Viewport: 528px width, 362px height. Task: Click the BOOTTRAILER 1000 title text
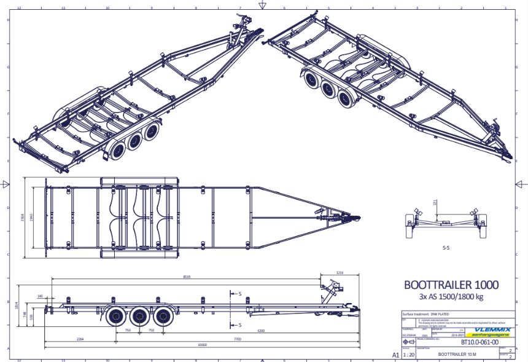pyautogui.click(x=451, y=285)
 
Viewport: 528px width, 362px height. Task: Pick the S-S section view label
pyautogui.click(x=446, y=250)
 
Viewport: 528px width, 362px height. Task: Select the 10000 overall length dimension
pyautogui.click(x=202, y=345)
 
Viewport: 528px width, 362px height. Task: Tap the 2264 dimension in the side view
pyautogui.click(x=80, y=339)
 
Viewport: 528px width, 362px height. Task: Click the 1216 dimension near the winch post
pyautogui.click(x=340, y=272)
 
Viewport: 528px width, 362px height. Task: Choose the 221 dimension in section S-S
pyautogui.click(x=435, y=202)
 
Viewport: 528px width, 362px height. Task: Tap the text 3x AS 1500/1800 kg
pyautogui.click(x=451, y=297)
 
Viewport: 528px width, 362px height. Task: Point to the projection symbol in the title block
pyautogui.click(x=407, y=341)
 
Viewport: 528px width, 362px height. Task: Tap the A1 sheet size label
pyautogui.click(x=395, y=355)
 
